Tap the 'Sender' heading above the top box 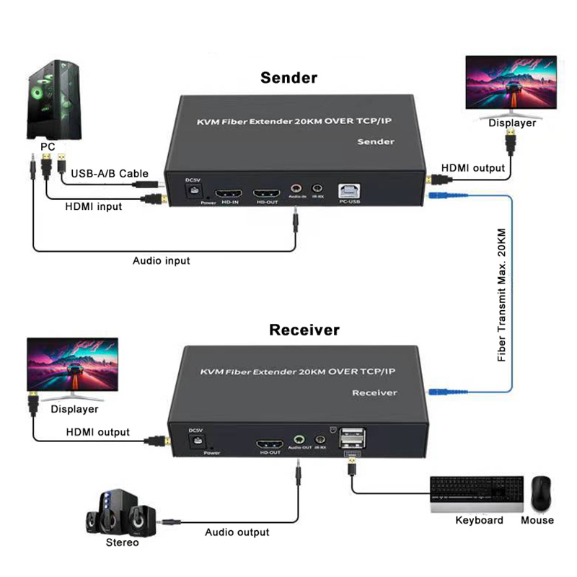pos(288,77)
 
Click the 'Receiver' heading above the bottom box pos(304,330)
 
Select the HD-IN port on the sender pos(230,195)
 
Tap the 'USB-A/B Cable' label pos(110,173)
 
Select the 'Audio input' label pos(162,260)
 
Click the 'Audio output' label pos(237,532)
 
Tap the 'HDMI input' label pos(94,206)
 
